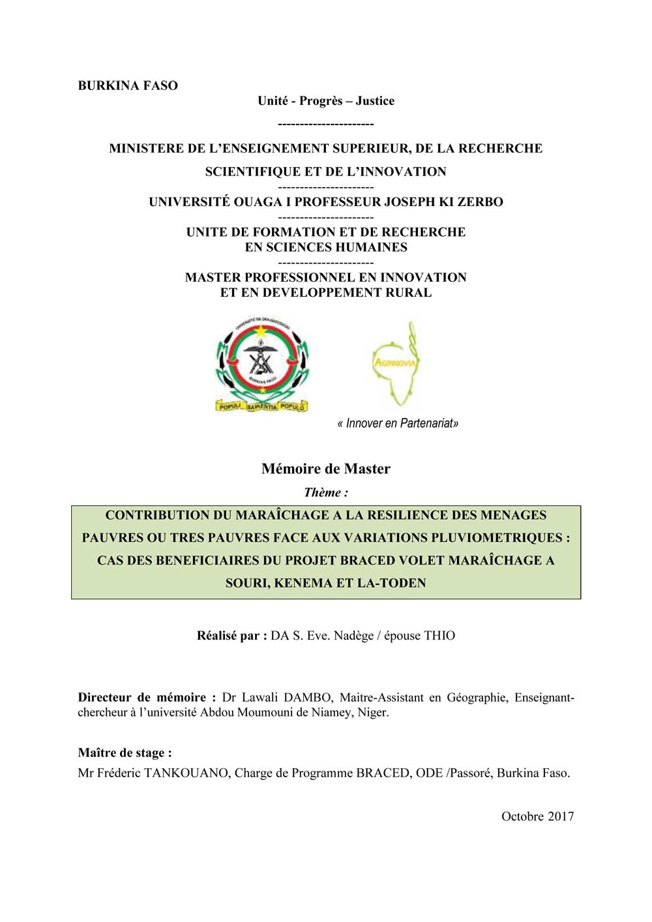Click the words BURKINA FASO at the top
coord(128,85)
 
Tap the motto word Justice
coord(375,101)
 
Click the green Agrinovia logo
coord(394,363)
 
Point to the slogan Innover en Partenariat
coord(398,424)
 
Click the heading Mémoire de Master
coord(325,469)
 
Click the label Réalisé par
coord(231,636)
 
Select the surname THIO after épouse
coord(439,636)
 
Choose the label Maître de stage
coord(125,753)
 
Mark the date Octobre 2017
coord(537,816)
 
